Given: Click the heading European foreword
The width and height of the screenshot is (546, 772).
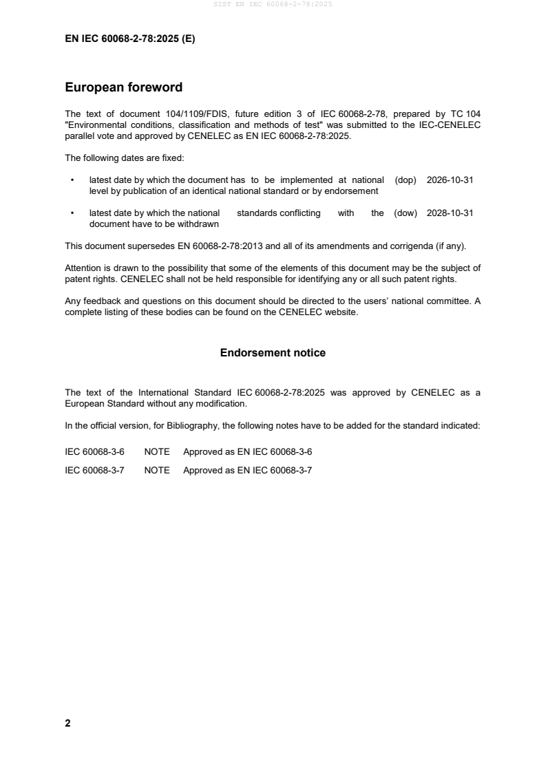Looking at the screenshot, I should point(123,87).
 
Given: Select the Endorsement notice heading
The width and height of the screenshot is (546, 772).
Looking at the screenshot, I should point(273,353).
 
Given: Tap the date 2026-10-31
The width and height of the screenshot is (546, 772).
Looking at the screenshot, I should point(450,180).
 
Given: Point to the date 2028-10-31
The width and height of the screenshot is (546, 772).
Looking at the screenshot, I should point(450,213).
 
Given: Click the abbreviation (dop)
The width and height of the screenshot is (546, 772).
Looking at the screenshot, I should point(406,180).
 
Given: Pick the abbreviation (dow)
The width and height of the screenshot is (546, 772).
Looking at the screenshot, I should point(406,213).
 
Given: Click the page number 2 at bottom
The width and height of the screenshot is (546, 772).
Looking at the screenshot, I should point(67,723).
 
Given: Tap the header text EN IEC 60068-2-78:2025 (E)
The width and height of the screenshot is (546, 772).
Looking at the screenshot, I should point(129,39).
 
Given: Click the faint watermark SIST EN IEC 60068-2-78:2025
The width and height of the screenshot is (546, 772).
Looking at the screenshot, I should point(273,5).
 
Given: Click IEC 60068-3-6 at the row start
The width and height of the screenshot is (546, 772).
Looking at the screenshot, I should point(94,452).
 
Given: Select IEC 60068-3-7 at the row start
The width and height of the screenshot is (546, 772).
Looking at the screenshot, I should point(94,471).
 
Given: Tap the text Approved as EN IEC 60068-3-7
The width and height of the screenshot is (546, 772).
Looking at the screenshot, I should point(248,471).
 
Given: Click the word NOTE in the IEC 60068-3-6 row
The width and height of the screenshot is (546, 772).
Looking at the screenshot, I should point(157,452).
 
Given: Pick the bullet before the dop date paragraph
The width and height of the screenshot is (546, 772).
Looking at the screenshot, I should point(73,180).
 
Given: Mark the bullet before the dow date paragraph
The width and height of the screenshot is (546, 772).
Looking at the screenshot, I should point(73,213).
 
